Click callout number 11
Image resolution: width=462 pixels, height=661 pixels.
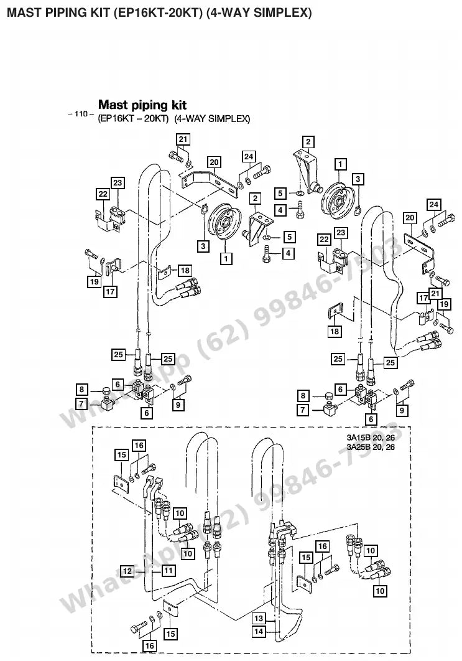pos(168,571)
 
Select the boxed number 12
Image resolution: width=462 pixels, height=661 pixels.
pos(127,571)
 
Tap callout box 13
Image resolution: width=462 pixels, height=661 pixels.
pos(259,619)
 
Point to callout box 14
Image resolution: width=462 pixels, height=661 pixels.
pos(259,632)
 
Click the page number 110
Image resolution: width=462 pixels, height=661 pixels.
pos(80,113)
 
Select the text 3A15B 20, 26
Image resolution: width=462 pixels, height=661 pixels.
pos(371,438)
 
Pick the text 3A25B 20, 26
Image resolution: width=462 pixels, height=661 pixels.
pos(371,447)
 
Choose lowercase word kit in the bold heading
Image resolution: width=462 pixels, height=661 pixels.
pos(178,105)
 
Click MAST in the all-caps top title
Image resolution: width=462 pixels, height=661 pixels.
pos(22,12)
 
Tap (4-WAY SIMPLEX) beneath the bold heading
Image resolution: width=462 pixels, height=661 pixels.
pos(212,118)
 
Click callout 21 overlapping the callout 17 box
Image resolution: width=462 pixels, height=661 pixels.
pos(435,293)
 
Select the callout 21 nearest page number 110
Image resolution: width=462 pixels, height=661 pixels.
pos(183,139)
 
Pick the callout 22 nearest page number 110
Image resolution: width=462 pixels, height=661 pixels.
pos(103,194)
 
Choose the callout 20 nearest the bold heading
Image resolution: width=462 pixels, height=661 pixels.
pos(214,162)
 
